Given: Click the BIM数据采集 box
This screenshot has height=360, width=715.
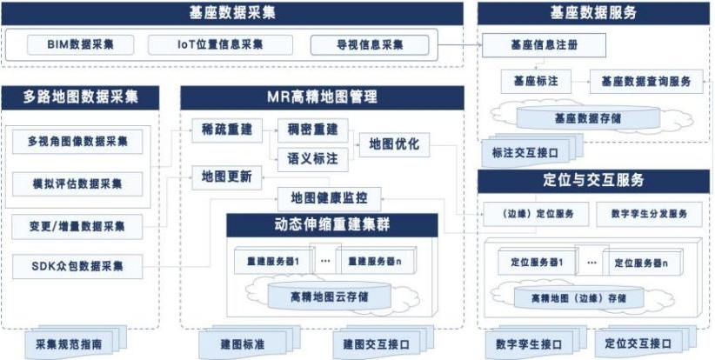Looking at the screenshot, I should [79, 44].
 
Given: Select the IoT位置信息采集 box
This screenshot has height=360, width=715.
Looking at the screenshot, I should [209, 44].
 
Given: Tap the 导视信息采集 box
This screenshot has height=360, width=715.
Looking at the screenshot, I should [370, 44].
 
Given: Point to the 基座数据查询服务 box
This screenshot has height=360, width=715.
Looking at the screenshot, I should [645, 82].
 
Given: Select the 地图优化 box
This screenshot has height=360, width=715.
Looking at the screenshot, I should [394, 143].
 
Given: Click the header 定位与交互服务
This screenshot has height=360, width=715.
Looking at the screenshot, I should [593, 181].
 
